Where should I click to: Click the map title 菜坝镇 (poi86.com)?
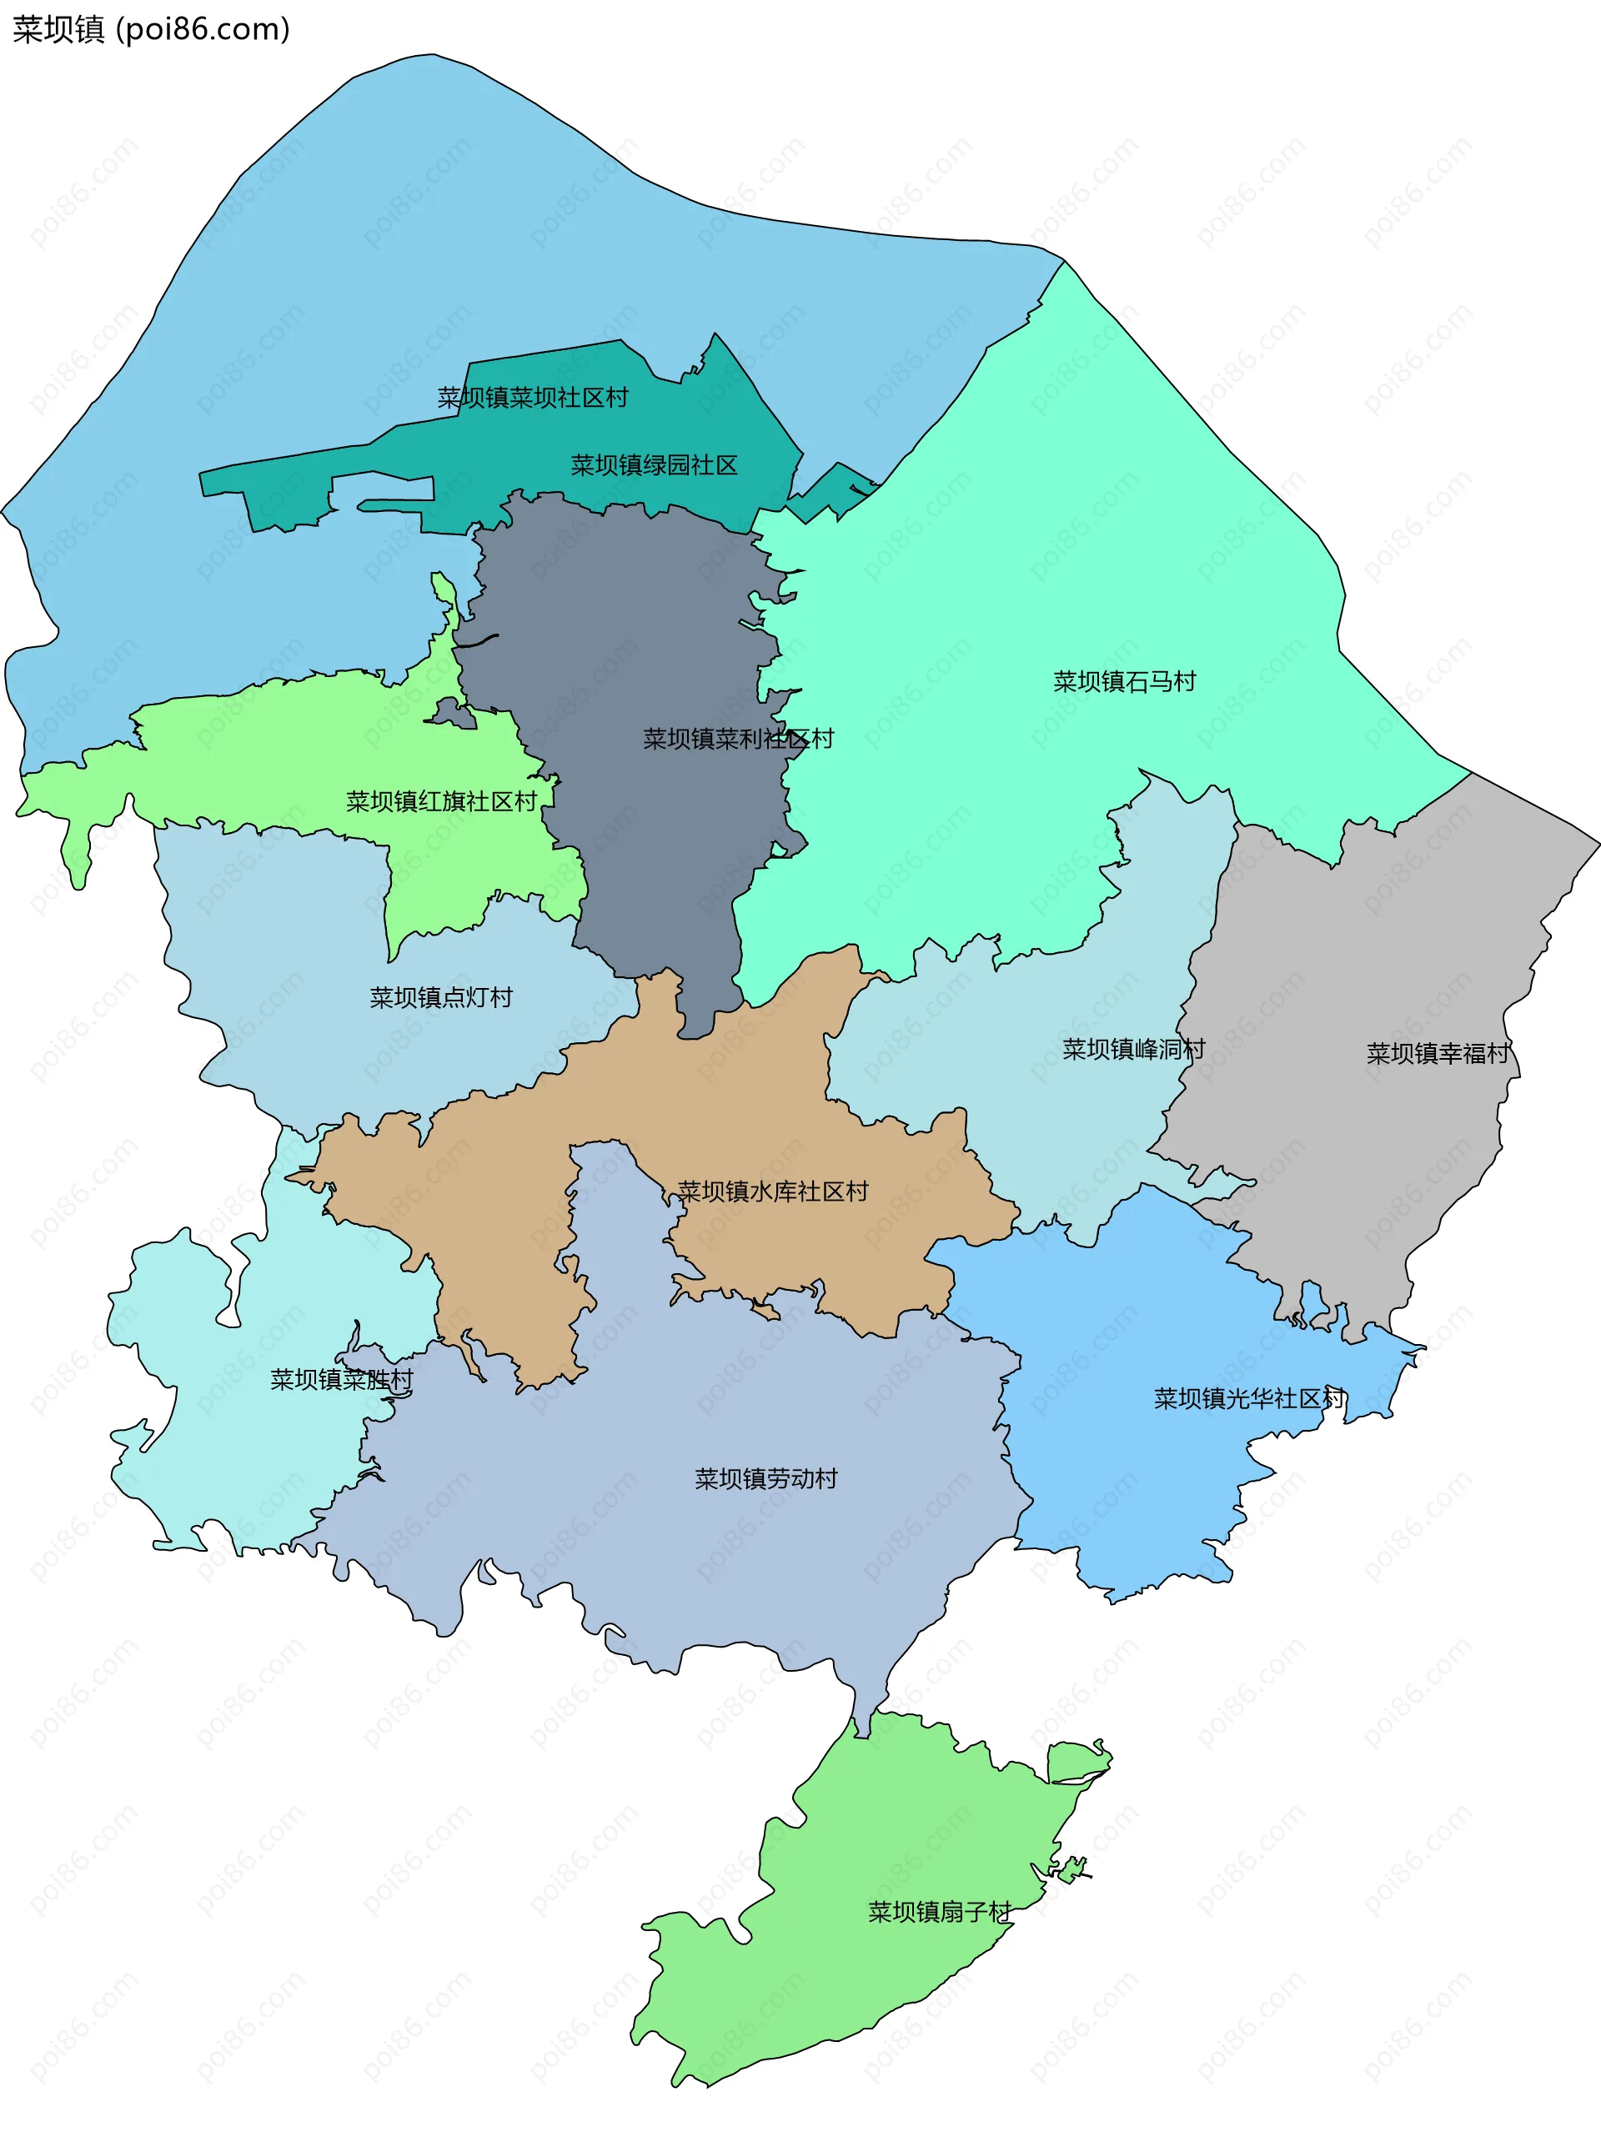click(x=151, y=30)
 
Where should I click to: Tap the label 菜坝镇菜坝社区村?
click(x=532, y=398)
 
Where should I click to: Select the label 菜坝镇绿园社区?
click(x=654, y=466)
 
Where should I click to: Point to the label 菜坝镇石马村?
click(x=1123, y=682)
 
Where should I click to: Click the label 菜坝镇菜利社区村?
click(x=738, y=739)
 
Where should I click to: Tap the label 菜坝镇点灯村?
click(x=440, y=997)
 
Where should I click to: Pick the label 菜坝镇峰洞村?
click(x=1133, y=1050)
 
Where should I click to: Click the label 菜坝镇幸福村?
click(x=1438, y=1054)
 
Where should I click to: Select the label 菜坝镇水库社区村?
click(x=772, y=1191)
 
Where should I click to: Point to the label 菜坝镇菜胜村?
click(x=341, y=1379)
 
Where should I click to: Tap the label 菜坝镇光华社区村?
click(x=1248, y=1398)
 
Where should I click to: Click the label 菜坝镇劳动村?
click(x=765, y=1478)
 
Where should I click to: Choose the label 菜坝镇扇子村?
click(x=939, y=1912)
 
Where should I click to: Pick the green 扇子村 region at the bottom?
click(x=871, y=1985)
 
